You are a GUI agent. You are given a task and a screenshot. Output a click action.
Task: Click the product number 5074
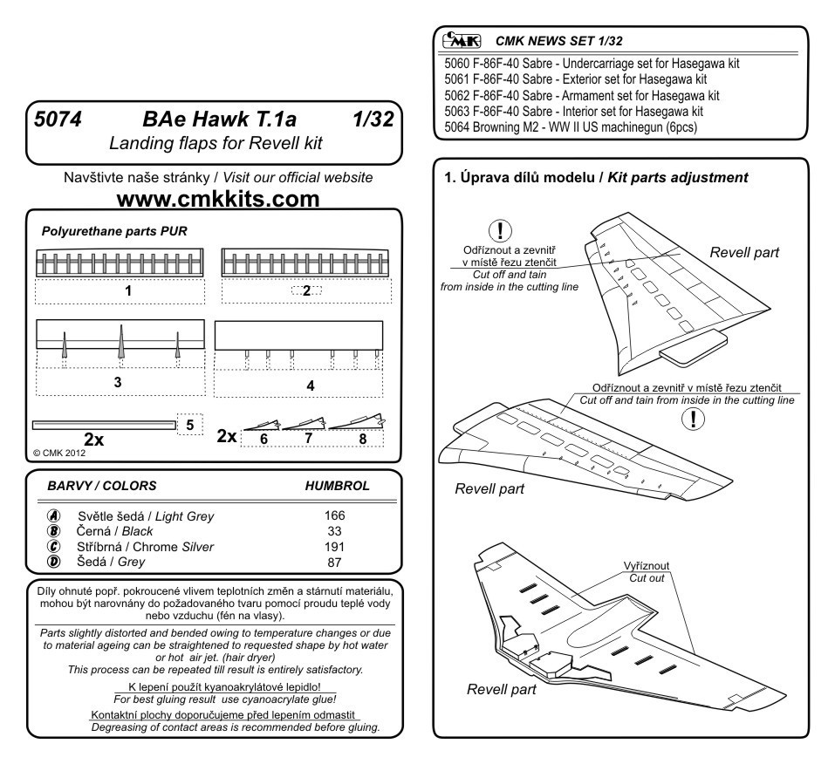pyautogui.click(x=58, y=120)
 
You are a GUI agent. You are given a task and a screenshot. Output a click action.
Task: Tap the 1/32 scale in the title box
pyautogui.click(x=369, y=120)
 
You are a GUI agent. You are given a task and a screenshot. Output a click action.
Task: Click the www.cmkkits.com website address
pyautogui.click(x=218, y=200)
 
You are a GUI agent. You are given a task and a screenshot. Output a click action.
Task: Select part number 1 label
pyautogui.click(x=128, y=291)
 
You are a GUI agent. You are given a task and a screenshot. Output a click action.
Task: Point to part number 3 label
pyautogui.click(x=118, y=382)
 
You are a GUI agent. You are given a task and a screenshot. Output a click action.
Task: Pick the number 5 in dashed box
pyautogui.click(x=190, y=424)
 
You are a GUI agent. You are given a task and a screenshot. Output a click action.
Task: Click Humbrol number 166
pyautogui.click(x=334, y=515)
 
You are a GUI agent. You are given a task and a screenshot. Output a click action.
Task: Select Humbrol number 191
pyautogui.click(x=334, y=546)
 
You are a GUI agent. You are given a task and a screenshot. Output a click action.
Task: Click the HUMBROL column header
pyautogui.click(x=337, y=485)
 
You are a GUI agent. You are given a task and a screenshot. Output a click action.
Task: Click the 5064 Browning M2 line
pyautogui.click(x=576, y=127)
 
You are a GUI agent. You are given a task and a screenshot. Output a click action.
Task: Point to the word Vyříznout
pyautogui.click(x=647, y=564)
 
